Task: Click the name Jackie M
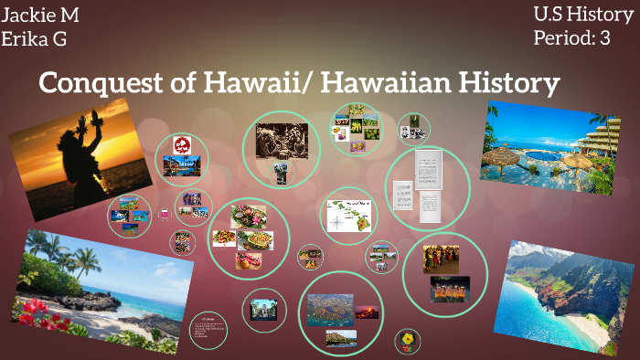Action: (42, 15)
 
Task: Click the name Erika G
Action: (36, 38)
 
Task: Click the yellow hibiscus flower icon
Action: (406, 343)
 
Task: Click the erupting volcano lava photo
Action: (367, 312)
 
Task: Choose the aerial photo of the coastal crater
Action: (329, 309)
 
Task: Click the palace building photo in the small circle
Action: (263, 308)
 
